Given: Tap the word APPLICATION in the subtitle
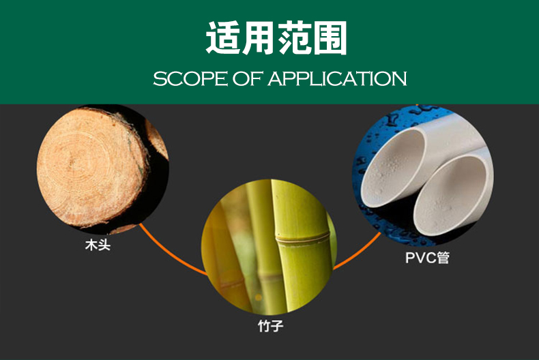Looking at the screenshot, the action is coord(337,78).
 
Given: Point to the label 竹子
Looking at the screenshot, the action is coord(270,326).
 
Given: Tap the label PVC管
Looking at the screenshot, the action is coord(427,258).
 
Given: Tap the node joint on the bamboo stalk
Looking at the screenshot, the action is coord(300,237).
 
